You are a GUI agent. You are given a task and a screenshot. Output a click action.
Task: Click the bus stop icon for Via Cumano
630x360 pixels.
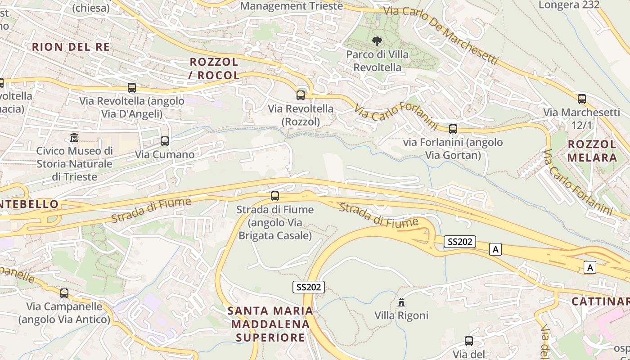165,141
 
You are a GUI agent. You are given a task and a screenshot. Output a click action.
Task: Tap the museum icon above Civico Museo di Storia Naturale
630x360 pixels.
74,137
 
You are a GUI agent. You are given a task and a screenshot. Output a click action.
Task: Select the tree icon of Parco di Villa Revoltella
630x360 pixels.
377,41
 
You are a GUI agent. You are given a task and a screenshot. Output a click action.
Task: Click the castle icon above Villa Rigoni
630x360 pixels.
401,302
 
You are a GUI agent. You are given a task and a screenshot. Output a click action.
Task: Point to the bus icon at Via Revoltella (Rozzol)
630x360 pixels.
301,95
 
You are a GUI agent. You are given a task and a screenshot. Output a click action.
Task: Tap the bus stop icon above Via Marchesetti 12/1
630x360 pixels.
582,99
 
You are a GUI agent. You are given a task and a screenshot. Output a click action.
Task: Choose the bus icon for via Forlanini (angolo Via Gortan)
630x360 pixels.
453,129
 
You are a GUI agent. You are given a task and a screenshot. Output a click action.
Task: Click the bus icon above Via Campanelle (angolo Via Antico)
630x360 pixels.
64,293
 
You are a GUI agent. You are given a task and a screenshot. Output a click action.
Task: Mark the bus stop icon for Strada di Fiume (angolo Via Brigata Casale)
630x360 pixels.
275,196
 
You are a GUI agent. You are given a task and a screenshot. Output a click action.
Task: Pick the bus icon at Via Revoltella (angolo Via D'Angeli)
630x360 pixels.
132,88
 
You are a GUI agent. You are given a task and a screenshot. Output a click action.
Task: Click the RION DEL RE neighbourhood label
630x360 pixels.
71,47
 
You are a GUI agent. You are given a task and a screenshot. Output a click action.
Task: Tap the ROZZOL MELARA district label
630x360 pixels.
592,151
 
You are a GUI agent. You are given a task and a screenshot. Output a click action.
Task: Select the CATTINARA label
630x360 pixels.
600,301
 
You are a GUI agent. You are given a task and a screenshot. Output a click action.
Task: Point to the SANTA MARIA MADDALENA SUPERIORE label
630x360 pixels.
270,324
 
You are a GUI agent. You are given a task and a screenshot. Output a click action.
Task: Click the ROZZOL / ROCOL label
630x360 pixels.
214,68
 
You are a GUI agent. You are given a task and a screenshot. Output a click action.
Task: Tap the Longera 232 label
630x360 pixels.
569,5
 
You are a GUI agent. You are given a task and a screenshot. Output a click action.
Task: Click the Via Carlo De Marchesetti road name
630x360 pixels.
441,35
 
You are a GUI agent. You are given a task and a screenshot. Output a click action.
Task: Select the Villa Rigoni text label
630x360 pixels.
401,315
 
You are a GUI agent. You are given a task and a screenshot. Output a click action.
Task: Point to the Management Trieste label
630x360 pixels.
291,6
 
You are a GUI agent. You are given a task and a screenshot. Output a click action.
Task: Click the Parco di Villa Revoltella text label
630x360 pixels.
378,61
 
